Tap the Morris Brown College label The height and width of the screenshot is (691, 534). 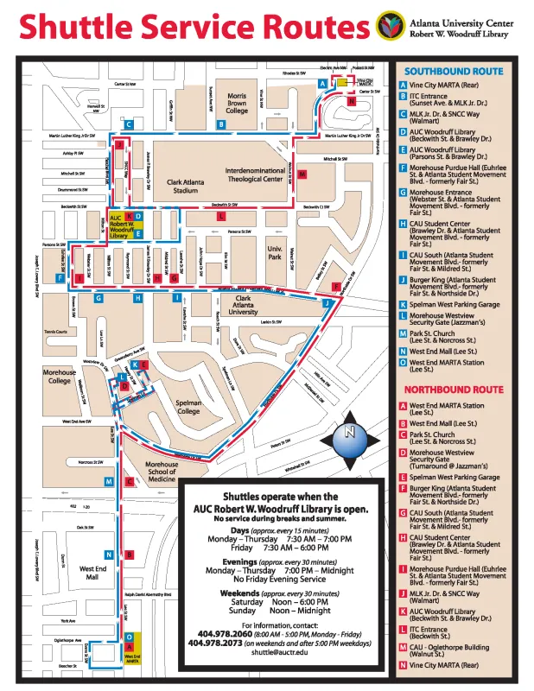237,104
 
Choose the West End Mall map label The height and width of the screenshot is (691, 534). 92,574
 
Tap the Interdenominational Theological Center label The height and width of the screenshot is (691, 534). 266,175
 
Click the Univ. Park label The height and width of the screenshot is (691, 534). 276,252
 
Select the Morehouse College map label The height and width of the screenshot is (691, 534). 59,376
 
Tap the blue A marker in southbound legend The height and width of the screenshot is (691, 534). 404,86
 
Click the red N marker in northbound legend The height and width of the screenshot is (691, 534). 404,665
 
